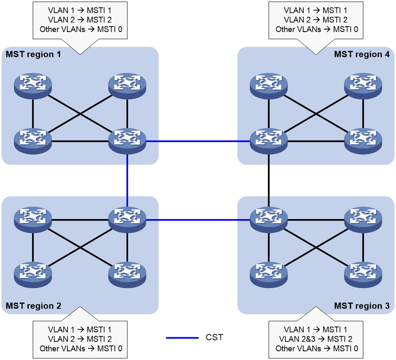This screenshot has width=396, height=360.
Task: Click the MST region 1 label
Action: click(33, 54)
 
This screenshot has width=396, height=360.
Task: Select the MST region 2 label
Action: click(33, 306)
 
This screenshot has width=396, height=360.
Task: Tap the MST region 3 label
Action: click(361, 306)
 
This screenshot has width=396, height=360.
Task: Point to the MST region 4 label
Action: click(361, 54)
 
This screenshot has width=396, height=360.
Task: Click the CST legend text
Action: click(214, 337)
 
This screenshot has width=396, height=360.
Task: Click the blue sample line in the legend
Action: click(182, 338)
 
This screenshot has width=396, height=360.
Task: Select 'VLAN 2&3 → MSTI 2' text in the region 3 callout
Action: click(316, 339)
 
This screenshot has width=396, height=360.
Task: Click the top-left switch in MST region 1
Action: click(33, 86)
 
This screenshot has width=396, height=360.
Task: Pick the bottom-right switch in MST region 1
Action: click(127, 141)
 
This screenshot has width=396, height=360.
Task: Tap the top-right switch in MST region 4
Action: click(363, 86)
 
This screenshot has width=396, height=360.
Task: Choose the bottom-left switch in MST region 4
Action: click(269, 141)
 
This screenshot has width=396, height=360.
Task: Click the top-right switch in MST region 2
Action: click(127, 220)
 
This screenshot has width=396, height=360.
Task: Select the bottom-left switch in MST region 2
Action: click(33, 275)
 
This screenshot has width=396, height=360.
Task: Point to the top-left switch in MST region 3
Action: click(269, 220)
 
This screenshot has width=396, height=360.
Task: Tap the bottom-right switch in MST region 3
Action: click(363, 275)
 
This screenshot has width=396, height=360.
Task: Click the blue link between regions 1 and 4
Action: click(198, 141)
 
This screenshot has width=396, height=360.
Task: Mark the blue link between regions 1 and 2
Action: click(127, 181)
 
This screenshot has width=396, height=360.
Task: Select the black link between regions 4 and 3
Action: click(269, 181)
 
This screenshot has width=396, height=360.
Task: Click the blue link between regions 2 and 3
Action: click(198, 220)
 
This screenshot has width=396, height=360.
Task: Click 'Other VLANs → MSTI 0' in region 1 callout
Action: click(81, 29)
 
